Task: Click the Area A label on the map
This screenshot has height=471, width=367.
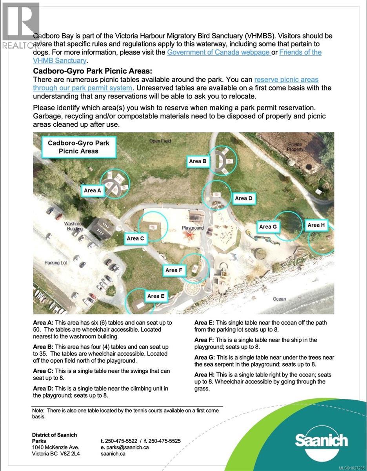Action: point(93,190)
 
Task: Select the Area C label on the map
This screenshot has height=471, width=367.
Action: point(136,238)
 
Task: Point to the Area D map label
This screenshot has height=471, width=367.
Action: point(243,198)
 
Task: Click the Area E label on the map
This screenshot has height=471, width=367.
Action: point(156,296)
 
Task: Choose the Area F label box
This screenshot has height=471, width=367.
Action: point(174,270)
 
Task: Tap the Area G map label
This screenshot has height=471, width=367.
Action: point(268,226)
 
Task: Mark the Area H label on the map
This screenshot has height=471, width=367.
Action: point(316,225)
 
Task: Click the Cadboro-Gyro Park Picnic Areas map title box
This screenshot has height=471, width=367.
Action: point(78,147)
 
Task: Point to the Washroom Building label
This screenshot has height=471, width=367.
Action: point(74,226)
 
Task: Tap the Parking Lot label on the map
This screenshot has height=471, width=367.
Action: point(56,263)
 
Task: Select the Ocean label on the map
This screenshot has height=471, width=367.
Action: point(280,299)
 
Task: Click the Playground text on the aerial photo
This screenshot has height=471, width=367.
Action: point(193,228)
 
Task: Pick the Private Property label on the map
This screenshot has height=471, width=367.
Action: point(295,147)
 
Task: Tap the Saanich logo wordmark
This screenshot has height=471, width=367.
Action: point(321,440)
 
